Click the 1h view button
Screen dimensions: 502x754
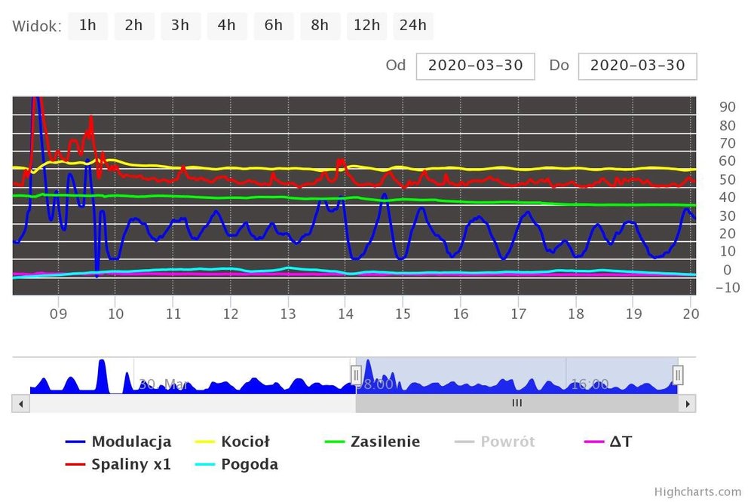click(87, 26)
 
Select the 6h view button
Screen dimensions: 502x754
click(273, 26)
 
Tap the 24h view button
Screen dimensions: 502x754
click(412, 26)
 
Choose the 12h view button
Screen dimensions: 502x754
click(366, 26)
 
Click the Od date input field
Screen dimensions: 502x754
click(475, 66)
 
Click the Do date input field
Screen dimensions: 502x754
click(637, 66)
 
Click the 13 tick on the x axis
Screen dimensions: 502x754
click(287, 314)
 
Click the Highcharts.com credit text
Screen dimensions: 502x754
click(697, 491)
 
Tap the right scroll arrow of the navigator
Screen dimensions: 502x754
click(687, 404)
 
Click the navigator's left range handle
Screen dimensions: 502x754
click(356, 374)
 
